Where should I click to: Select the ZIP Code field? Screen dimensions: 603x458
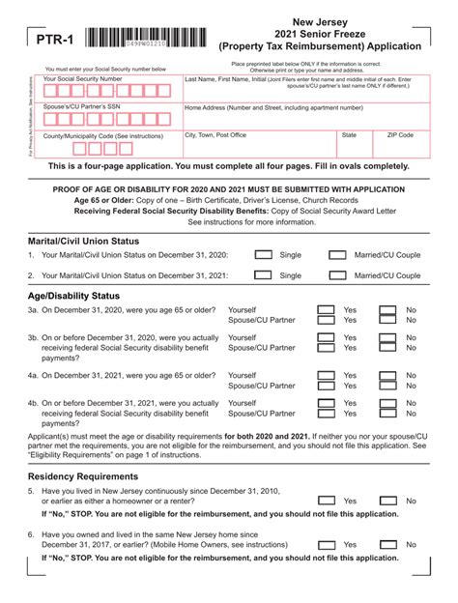pyautogui.click(x=400, y=146)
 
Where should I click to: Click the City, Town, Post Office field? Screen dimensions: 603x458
pyautogui.click(x=258, y=146)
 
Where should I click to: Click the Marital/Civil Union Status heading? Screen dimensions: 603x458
pyautogui.click(x=83, y=240)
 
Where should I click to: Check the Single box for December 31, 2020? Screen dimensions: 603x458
pyautogui.click(x=263, y=255)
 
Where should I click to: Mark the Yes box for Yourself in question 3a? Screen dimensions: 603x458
pyautogui.click(x=327, y=310)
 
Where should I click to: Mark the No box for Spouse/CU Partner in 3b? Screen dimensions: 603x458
pyautogui.click(x=387, y=348)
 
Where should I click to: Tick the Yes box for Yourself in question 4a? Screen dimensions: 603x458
pyautogui.click(x=327, y=375)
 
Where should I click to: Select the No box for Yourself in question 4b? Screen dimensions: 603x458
pyautogui.click(x=387, y=403)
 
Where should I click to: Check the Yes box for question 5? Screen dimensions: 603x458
pyautogui.click(x=327, y=501)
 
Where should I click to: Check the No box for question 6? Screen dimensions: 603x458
pyautogui.click(x=387, y=544)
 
